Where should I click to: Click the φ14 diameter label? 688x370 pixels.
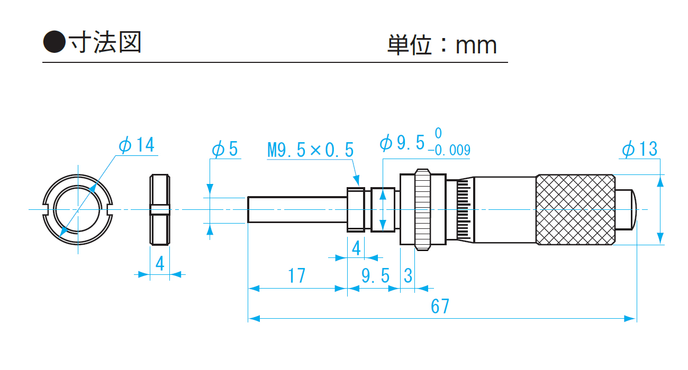tap(137, 145)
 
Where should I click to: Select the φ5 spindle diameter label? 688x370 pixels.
tap(225, 150)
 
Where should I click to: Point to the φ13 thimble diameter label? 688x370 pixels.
tap(639, 149)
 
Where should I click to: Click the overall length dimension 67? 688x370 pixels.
tap(440, 306)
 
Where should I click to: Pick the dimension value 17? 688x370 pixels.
tap(297, 275)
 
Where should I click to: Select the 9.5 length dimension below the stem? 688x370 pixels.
tap(376, 275)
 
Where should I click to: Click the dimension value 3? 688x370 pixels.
tap(408, 275)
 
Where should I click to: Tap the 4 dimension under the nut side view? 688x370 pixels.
tap(160, 263)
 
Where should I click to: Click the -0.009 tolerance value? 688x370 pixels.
tap(449, 151)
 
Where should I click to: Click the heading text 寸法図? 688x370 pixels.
tap(105, 42)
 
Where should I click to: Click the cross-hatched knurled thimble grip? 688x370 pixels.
tap(576, 209)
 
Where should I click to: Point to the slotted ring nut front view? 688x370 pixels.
tap(78, 210)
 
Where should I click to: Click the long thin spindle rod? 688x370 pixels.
tap(296, 209)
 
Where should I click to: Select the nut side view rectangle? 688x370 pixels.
tap(160, 210)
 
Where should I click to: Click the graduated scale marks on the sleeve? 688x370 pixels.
tap(464, 209)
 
